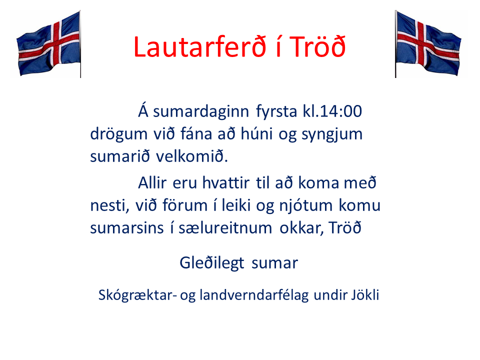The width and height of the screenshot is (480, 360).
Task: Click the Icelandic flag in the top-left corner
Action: coord(48,44)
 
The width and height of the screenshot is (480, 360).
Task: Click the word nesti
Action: coord(106,205)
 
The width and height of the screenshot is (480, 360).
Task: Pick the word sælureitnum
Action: coord(220,228)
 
